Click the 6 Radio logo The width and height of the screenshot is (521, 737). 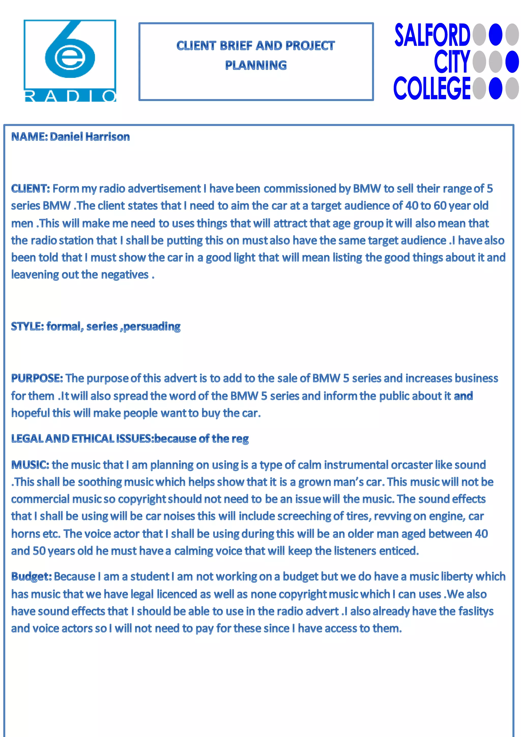pyautogui.click(x=70, y=61)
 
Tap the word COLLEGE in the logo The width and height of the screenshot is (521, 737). pyautogui.click(x=432, y=88)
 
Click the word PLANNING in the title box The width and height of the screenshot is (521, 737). pyautogui.click(x=256, y=65)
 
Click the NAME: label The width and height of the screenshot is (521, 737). pyautogui.click(x=30, y=137)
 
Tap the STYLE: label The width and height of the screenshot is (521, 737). pyautogui.click(x=27, y=327)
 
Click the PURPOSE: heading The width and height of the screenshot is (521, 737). pyautogui.click(x=37, y=378)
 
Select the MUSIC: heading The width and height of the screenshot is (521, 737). pyautogui.click(x=30, y=465)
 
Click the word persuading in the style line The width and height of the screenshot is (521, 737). pyautogui.click(x=152, y=327)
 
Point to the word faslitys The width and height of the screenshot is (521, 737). pyautogui.click(x=476, y=611)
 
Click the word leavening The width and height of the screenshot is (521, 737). pyautogui.click(x=35, y=275)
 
